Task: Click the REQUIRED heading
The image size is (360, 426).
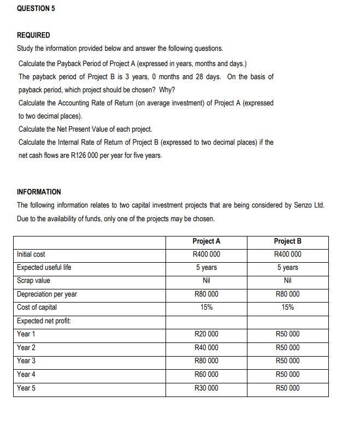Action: click(x=33, y=35)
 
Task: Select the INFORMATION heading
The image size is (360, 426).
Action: click(x=39, y=192)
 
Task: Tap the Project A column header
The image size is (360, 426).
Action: click(x=206, y=241)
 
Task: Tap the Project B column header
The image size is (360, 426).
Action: click(x=288, y=241)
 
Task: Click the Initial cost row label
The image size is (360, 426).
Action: click(x=31, y=254)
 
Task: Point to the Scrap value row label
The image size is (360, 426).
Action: click(x=33, y=280)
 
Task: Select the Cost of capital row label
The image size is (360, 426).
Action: click(x=37, y=307)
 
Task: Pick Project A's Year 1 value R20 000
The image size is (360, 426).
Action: click(x=206, y=334)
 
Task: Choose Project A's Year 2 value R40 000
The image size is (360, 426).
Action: click(x=206, y=347)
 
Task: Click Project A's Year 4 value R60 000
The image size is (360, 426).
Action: click(x=206, y=374)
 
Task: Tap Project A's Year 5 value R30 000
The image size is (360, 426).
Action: click(x=206, y=388)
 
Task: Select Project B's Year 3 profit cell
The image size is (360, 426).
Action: click(x=288, y=360)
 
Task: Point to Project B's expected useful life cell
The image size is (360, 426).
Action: click(x=288, y=267)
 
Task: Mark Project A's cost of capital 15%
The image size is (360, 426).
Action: click(x=206, y=307)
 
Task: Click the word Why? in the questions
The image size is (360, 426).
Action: click(x=167, y=90)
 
